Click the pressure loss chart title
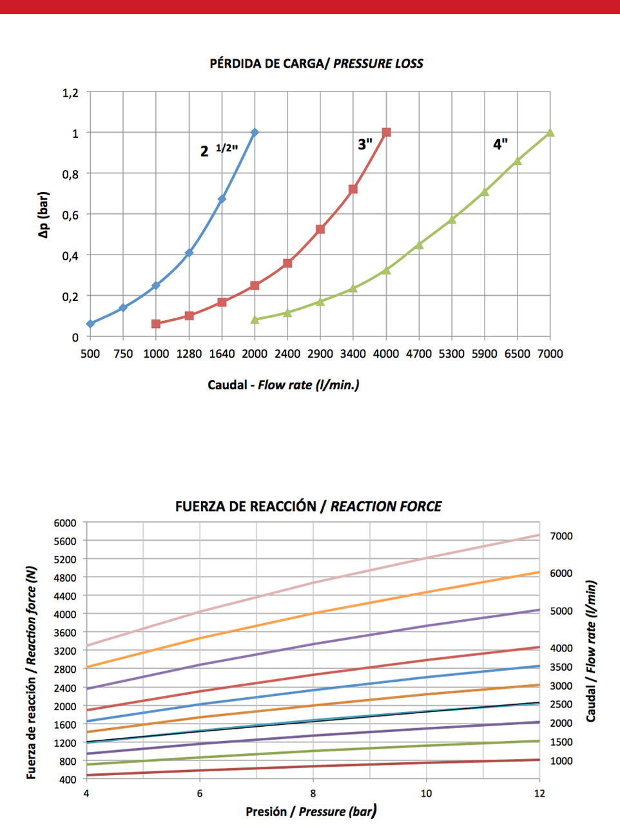[x=316, y=63]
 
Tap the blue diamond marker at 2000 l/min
[x=255, y=133]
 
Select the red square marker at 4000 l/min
[x=386, y=133]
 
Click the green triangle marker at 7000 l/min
[x=550, y=133]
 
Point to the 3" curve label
[x=365, y=144]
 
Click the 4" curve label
[x=501, y=144]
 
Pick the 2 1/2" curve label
[x=218, y=150]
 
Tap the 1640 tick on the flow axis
[x=222, y=354]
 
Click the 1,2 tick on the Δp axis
[x=70, y=93]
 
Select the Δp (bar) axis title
[x=44, y=215]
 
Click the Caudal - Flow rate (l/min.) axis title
[x=284, y=385]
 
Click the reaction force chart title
[x=308, y=506]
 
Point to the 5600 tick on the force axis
[x=64, y=541]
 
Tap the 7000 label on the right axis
[x=561, y=536]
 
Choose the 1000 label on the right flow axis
[x=561, y=761]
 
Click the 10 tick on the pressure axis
[x=426, y=793]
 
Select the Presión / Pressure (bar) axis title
[x=311, y=811]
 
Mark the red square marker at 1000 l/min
[x=156, y=323]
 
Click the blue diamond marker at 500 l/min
[x=90, y=323]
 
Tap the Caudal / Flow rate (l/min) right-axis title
[x=590, y=651]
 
